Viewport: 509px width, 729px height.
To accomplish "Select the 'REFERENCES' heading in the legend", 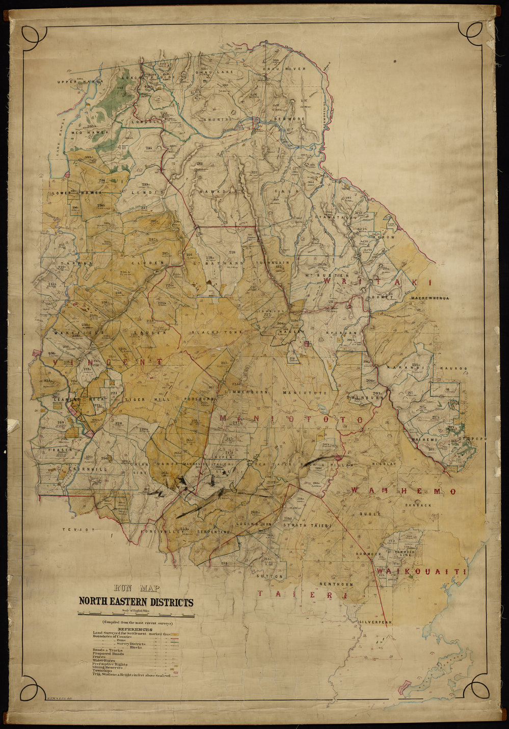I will click(x=135, y=630).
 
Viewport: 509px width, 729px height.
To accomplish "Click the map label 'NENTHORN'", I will click(x=335, y=583).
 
